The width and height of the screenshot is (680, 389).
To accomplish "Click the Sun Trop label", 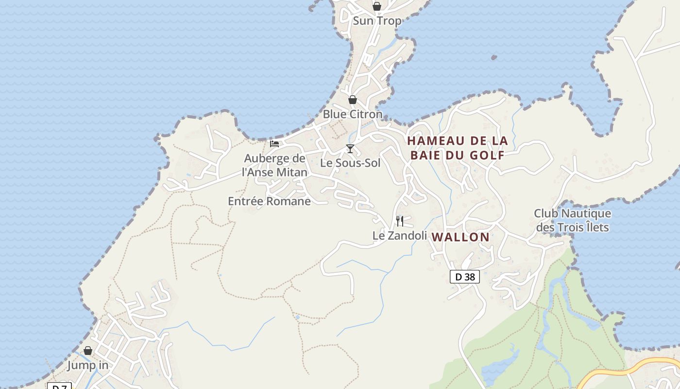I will click(377, 21).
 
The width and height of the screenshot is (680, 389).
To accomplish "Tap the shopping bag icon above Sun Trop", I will click(376, 6).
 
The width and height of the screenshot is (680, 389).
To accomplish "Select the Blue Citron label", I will click(353, 114).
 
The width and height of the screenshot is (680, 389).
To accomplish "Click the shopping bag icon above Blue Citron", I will click(352, 100).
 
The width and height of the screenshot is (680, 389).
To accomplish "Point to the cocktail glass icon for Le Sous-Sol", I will click(350, 148).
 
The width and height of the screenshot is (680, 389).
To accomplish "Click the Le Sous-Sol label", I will click(350, 163).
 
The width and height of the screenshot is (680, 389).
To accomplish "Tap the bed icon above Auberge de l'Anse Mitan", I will click(274, 143).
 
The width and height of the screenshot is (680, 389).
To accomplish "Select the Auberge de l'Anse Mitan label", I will click(275, 165).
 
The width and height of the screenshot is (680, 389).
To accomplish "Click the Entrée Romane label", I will click(269, 201).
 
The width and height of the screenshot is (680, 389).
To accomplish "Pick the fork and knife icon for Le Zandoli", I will click(400, 221).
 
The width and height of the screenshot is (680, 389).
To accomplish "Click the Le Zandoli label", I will click(399, 236).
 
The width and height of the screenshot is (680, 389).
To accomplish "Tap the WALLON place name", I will click(460, 237).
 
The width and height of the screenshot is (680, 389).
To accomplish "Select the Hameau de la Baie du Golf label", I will click(457, 148).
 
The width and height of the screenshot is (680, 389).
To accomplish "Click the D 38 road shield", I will click(465, 277).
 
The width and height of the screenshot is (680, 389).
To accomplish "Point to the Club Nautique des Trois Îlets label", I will click(572, 220).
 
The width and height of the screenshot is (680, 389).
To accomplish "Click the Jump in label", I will click(88, 365).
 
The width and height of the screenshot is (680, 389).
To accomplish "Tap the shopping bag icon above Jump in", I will click(88, 351).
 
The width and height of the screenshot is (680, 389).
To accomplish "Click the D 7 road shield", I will click(59, 386).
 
